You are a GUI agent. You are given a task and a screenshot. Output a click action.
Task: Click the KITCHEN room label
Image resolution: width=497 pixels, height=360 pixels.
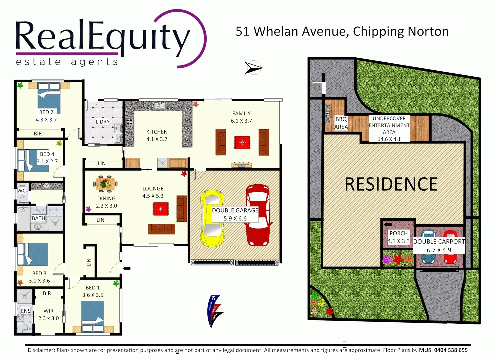(x=157, y=132)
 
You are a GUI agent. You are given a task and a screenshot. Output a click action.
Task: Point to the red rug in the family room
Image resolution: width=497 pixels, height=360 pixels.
(x=242, y=142)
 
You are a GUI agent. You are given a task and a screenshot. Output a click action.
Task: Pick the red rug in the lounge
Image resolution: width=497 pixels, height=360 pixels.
(x=161, y=209)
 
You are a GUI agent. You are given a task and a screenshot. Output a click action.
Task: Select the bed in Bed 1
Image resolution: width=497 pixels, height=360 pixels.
(x=93, y=316)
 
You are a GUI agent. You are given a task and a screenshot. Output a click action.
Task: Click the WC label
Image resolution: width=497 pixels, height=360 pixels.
(x=22, y=191)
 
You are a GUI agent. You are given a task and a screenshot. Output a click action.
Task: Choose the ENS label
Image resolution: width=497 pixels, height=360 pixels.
(x=26, y=311)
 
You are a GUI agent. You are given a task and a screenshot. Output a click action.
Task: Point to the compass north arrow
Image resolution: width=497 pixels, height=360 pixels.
(x=253, y=68)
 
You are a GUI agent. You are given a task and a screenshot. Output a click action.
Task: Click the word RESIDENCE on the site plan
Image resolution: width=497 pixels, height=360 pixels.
(x=391, y=184)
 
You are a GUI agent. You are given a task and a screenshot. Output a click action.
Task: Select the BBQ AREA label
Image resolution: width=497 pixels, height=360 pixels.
(x=341, y=123)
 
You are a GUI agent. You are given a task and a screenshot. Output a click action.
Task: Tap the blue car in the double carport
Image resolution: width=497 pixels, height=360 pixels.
(x=428, y=247)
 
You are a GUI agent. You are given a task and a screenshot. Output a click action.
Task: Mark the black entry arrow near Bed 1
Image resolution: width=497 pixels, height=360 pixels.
(x=127, y=268)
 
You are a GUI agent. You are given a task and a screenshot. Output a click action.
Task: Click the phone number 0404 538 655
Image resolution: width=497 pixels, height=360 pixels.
(x=451, y=350)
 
